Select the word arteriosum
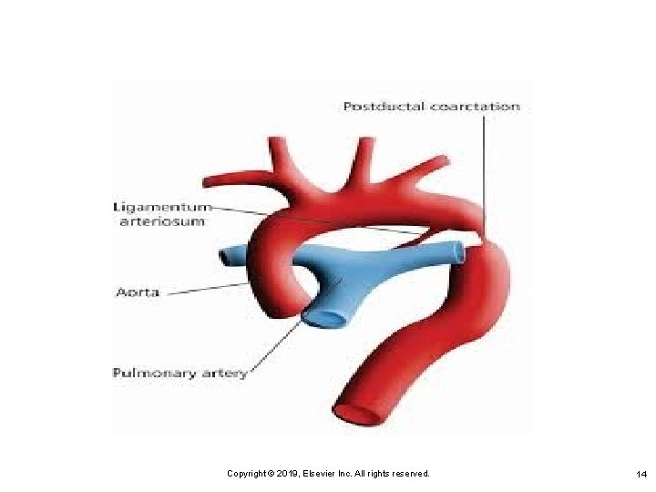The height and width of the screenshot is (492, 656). pyautogui.click(x=162, y=220)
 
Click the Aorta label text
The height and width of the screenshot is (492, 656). pyautogui.click(x=138, y=292)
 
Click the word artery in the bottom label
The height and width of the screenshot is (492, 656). pyautogui.click(x=222, y=374)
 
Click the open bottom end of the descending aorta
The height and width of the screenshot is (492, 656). pyautogui.click(x=359, y=412)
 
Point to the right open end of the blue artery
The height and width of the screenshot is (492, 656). pyautogui.click(x=456, y=251)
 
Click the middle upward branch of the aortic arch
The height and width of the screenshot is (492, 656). pyautogui.click(x=364, y=155)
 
